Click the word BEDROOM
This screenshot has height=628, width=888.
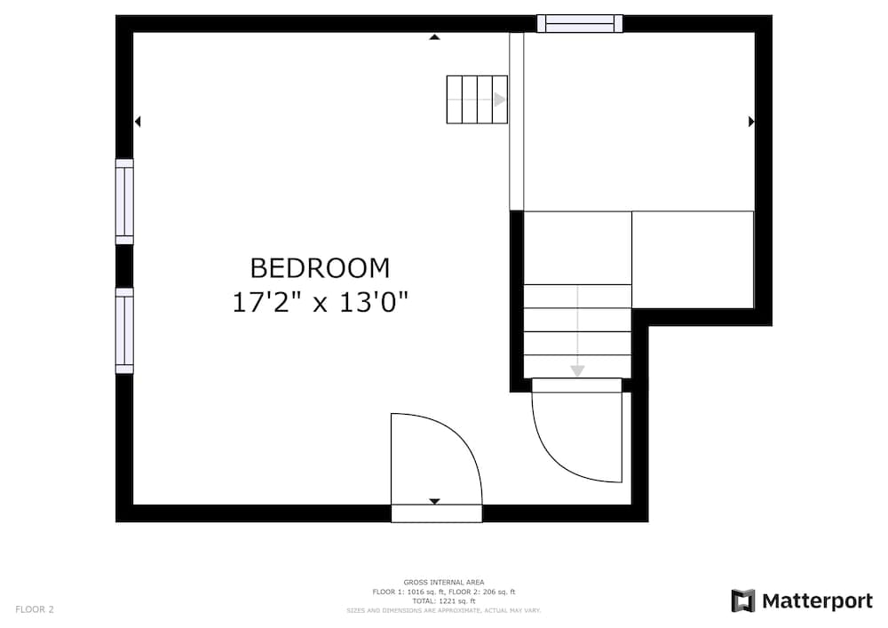point(320,267)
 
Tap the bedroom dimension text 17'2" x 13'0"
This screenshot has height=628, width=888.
point(320,302)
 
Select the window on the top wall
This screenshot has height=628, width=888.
point(580,24)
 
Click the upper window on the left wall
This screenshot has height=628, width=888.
point(124,202)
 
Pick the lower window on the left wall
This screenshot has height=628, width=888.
point(124,330)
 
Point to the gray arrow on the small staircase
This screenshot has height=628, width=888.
point(500,99)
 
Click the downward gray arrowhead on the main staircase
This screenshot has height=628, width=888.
point(577,370)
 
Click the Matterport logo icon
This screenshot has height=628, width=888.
point(743,601)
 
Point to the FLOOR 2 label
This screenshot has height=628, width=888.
point(35,609)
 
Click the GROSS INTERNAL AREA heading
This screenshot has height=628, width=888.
point(444,582)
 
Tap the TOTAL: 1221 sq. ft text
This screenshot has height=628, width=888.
point(444,601)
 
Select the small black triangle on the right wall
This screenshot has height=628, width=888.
point(751,122)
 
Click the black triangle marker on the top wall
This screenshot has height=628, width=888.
point(434,37)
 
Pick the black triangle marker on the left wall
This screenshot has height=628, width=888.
point(138,122)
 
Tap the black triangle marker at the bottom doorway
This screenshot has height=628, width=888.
point(434,502)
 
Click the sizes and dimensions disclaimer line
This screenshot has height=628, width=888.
point(444,611)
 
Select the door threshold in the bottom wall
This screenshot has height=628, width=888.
point(437,513)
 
